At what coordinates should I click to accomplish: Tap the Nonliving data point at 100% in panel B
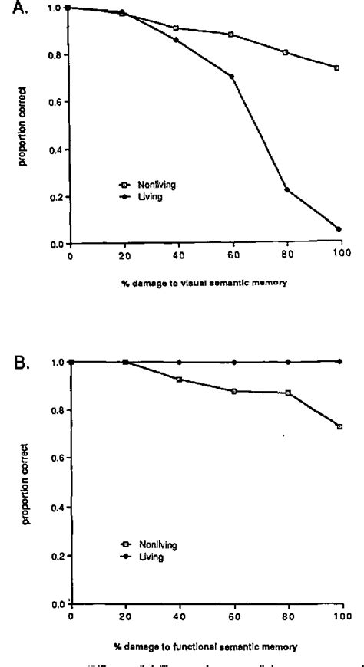339,426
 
